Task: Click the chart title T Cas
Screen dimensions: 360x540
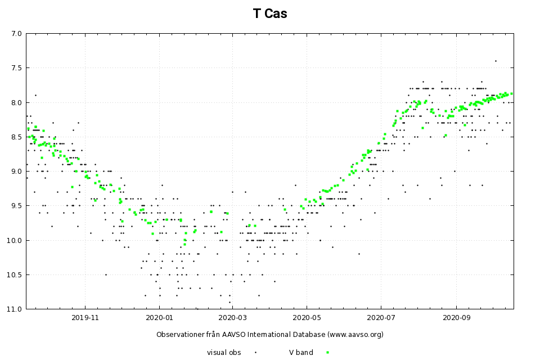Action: click(x=270, y=14)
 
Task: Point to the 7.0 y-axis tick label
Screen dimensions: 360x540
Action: click(x=16, y=34)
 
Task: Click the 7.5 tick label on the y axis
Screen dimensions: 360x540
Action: click(x=16, y=68)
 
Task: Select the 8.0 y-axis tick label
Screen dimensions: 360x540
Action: click(x=16, y=102)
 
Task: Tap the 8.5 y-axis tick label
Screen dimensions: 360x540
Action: click(x=16, y=137)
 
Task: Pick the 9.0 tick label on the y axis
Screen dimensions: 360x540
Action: click(x=16, y=172)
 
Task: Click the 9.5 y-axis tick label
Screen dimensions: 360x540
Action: click(x=16, y=206)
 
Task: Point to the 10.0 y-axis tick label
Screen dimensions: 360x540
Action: click(x=15, y=240)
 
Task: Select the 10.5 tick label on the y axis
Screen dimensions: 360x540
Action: click(x=15, y=275)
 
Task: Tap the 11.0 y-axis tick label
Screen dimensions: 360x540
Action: click(x=15, y=309)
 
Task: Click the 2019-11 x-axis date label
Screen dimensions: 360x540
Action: click(x=85, y=317)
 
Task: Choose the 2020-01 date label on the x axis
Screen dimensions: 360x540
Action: click(x=159, y=317)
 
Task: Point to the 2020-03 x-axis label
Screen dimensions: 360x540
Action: click(x=232, y=317)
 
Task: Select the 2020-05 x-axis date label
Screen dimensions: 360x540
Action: click(x=307, y=317)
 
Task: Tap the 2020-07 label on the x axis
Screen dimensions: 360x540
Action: click(x=381, y=317)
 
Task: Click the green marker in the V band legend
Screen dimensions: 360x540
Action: click(x=327, y=352)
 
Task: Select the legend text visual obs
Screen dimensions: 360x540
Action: click(x=224, y=352)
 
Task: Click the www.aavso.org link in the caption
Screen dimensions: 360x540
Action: click(x=354, y=334)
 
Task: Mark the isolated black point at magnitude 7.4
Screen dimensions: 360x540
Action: click(x=496, y=61)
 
